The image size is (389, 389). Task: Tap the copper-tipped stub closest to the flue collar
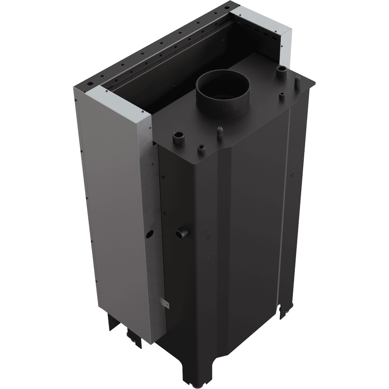click(221, 130)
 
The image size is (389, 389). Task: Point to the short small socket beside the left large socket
click(201, 149)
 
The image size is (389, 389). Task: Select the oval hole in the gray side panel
click(149, 235)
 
